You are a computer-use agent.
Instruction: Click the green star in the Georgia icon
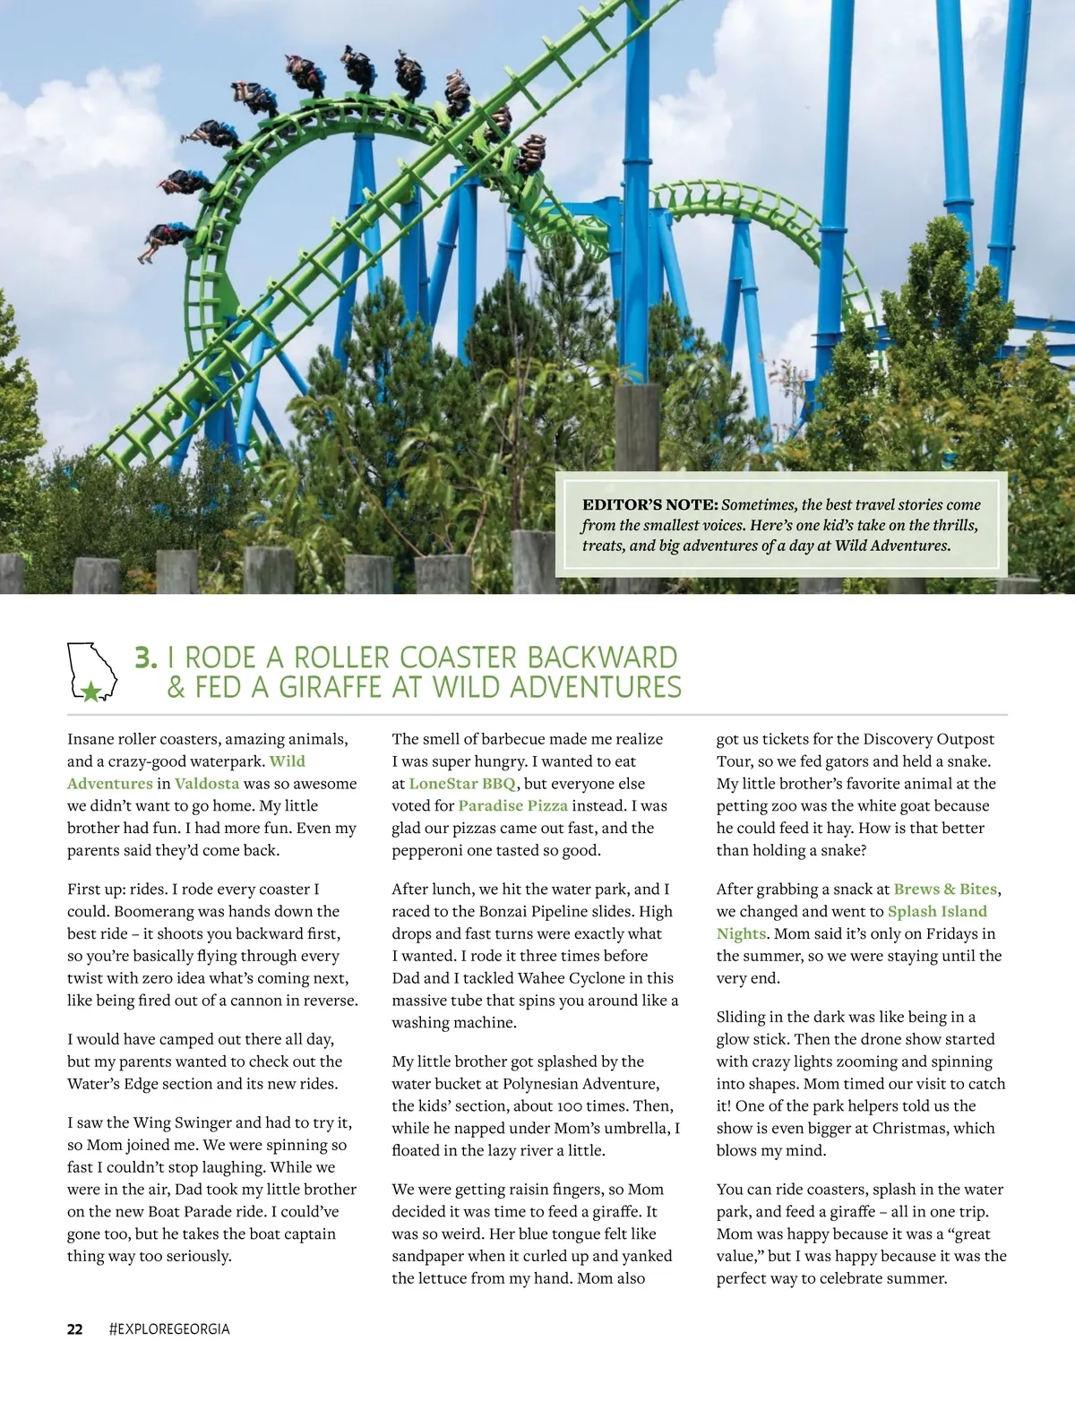[x=90, y=691]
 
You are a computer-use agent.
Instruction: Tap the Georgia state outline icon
[x=92, y=671]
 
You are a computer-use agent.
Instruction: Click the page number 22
[x=75, y=1329]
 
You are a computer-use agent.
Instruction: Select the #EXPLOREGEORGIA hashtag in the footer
[x=169, y=1329]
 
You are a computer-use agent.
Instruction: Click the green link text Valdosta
[x=207, y=783]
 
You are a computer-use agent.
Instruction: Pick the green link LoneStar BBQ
[x=462, y=783]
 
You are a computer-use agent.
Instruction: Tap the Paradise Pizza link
[x=512, y=805]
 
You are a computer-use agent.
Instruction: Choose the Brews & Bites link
[x=945, y=889]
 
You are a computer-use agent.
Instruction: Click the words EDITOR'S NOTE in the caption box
[x=649, y=504]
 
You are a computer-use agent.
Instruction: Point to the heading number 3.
[x=145, y=658]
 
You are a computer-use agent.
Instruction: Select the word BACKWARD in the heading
[x=602, y=658]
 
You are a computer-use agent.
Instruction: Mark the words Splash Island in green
[x=937, y=911]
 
